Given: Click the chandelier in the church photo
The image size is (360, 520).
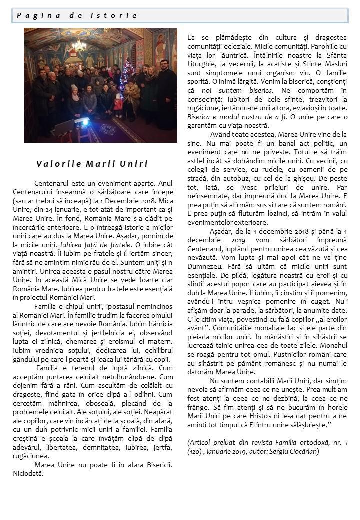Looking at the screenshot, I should (x=79, y=46).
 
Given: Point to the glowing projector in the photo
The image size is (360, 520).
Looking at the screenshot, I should (x=82, y=122).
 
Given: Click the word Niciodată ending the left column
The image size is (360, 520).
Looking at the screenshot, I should (x=28, y=473).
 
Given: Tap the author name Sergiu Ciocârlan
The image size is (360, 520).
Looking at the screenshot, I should (x=292, y=451).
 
